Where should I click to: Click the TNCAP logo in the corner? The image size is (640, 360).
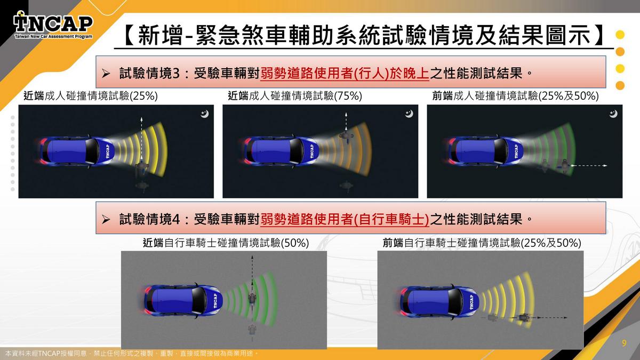click(53, 25)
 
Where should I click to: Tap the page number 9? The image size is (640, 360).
click(624, 343)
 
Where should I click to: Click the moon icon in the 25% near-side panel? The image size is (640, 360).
click(204, 114)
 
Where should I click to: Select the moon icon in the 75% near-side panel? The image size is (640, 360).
click(409, 114)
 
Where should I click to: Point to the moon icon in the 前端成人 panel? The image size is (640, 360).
click(613, 114)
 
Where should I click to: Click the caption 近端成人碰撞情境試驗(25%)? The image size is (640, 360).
click(91, 96)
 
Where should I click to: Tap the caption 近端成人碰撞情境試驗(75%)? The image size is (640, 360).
click(295, 96)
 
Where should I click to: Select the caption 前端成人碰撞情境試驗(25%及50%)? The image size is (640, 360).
click(515, 96)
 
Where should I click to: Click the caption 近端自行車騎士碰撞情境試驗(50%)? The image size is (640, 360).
click(226, 243)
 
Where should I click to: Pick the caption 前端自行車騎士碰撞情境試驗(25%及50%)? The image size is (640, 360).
click(482, 243)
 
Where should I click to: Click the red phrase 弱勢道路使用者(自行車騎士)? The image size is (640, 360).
click(345, 219)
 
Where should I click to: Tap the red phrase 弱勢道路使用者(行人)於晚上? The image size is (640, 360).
click(345, 73)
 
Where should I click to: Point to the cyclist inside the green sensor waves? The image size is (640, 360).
click(252, 299)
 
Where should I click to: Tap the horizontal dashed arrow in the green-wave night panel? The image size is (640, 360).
click(589, 165)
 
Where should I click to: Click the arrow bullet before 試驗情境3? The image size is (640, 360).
click(106, 74)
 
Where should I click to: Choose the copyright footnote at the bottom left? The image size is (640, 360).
click(131, 354)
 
